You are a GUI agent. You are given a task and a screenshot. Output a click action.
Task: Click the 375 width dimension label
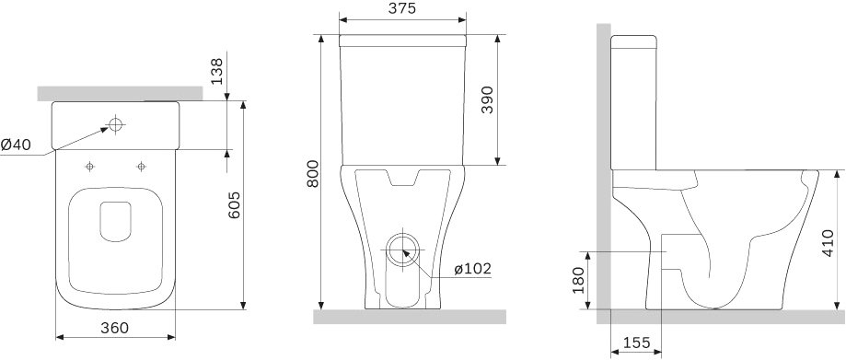(401, 8)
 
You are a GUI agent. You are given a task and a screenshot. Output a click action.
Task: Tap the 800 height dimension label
(312, 174)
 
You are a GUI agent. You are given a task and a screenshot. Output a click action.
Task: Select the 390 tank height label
(487, 99)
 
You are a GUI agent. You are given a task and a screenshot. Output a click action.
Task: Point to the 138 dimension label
(216, 71)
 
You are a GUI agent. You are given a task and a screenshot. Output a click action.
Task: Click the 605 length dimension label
(234, 205)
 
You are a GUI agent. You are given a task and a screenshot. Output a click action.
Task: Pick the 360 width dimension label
(114, 328)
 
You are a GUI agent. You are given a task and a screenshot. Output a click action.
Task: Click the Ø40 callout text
(16, 145)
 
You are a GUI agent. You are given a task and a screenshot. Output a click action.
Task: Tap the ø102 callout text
(472, 268)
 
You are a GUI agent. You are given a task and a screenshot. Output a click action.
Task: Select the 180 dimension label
(578, 281)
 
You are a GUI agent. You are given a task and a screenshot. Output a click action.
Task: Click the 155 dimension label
(637, 343)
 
